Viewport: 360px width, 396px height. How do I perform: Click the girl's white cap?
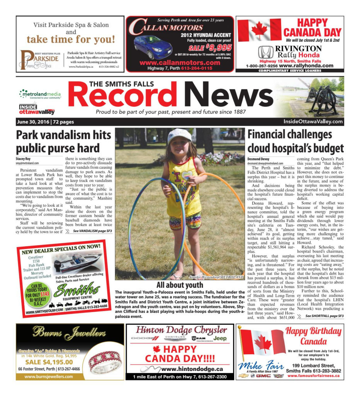point(180,135)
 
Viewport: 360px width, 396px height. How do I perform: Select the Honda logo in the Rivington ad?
point(265,52)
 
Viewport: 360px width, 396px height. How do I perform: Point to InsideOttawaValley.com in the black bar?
point(312,122)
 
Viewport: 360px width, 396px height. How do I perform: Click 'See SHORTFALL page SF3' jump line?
point(324,316)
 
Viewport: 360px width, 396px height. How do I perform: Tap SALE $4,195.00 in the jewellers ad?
point(49,362)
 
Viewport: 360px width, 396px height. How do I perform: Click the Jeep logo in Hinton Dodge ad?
point(220,339)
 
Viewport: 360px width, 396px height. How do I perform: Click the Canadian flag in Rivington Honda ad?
point(259,30)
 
